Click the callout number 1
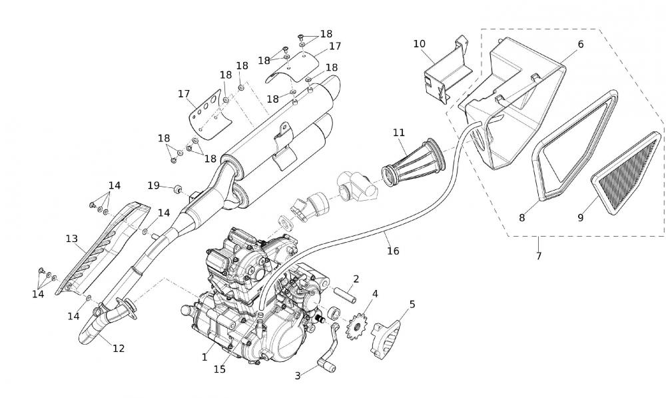pyautogui.click(x=205, y=357)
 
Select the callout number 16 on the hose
pyautogui.click(x=394, y=251)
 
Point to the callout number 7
pyautogui.click(x=538, y=256)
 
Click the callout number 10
pyautogui.click(x=419, y=44)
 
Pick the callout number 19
pyautogui.click(x=153, y=185)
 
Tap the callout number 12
pyautogui.click(x=119, y=348)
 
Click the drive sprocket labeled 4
pyautogui.click(x=358, y=326)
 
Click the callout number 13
pyautogui.click(x=72, y=238)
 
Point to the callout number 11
pyautogui.click(x=399, y=133)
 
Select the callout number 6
pyautogui.click(x=580, y=44)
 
